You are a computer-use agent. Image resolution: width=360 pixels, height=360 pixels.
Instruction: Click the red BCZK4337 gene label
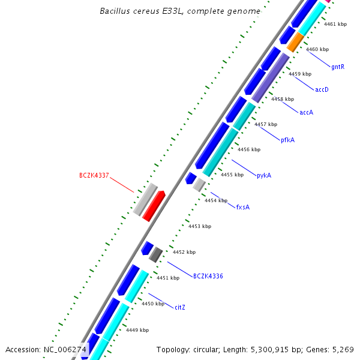click(94, 176)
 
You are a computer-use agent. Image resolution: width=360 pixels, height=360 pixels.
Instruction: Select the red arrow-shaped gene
click(154, 205)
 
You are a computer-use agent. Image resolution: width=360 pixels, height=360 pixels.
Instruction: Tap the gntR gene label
click(338, 67)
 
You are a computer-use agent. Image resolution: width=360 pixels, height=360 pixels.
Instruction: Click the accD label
click(322, 89)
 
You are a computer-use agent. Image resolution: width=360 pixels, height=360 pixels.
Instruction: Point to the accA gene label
click(307, 112)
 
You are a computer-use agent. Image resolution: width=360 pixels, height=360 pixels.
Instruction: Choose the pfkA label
click(288, 140)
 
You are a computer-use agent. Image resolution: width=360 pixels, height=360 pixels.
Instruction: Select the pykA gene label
click(264, 176)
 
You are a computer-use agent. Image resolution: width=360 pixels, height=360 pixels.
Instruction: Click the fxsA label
click(242, 207)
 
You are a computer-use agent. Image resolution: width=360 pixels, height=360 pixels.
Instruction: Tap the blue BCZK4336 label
click(208, 276)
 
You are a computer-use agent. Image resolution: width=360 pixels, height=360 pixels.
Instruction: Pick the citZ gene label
click(180, 307)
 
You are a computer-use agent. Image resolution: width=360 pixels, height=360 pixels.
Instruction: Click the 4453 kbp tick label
click(200, 226)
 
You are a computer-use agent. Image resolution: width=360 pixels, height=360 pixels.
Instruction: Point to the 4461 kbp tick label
click(335, 25)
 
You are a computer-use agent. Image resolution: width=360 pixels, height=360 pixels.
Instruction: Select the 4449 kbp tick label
click(137, 330)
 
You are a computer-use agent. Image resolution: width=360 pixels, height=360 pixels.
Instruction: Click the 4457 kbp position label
click(266, 124)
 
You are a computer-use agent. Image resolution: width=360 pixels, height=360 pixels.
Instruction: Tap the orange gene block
click(296, 41)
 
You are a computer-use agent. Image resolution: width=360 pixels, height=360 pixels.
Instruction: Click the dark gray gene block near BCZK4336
click(156, 254)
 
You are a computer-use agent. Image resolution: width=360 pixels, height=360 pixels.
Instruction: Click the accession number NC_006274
click(65, 349)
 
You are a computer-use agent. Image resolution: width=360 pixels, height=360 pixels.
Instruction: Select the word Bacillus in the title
click(115, 11)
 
